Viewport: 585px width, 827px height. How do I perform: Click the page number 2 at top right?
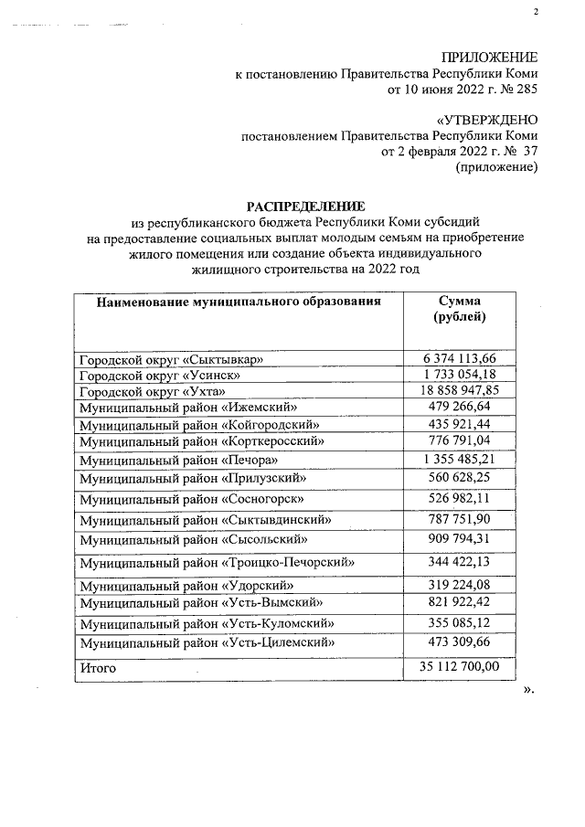click(x=536, y=11)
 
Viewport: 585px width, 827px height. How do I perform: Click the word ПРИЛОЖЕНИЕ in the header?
click(x=489, y=58)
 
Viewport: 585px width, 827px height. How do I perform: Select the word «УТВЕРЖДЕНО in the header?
click(x=488, y=121)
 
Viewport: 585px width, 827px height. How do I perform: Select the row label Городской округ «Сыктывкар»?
click(x=171, y=360)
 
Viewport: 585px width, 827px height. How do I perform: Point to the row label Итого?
click(x=98, y=669)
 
